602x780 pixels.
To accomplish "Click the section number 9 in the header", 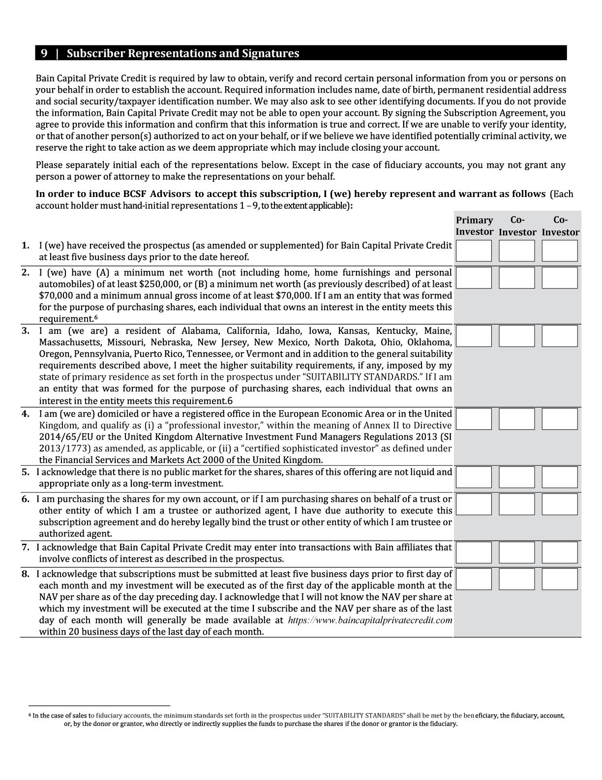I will [x=44, y=53].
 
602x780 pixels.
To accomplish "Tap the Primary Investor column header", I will [x=474, y=226].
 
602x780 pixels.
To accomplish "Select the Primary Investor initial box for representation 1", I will [x=474, y=251].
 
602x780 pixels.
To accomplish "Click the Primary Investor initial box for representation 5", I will [x=474, y=477].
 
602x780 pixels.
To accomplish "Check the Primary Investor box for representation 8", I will [x=474, y=579].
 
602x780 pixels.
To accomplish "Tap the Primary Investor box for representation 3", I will [x=474, y=336].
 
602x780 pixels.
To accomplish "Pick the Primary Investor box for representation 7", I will [x=474, y=552].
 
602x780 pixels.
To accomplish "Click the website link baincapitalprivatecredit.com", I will [x=370, y=620].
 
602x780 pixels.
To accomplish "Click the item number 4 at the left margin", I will [x=26, y=414].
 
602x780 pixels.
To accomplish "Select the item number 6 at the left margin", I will [x=26, y=499].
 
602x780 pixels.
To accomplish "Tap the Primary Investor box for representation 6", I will [x=474, y=504].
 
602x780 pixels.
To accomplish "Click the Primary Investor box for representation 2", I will [x=474, y=278].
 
